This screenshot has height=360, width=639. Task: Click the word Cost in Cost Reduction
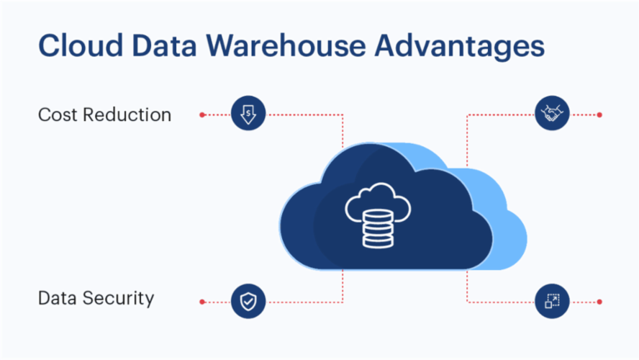pyautogui.click(x=59, y=114)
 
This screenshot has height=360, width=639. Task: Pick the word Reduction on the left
pyautogui.click(x=129, y=114)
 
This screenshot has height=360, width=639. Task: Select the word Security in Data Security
pyautogui.click(x=121, y=298)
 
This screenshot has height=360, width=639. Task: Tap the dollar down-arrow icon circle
pyautogui.click(x=248, y=114)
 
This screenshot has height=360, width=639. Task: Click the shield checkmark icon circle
pyautogui.click(x=248, y=301)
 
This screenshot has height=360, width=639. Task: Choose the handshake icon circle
pyautogui.click(x=553, y=114)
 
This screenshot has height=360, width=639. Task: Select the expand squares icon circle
pyautogui.click(x=553, y=301)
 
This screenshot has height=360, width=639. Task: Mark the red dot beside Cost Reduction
pyautogui.click(x=202, y=114)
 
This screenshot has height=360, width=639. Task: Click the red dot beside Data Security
pyautogui.click(x=202, y=301)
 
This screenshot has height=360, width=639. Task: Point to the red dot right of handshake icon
pyautogui.click(x=599, y=114)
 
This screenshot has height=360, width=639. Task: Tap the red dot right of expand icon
pyautogui.click(x=599, y=301)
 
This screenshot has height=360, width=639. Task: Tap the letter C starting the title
pyautogui.click(x=49, y=45)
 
